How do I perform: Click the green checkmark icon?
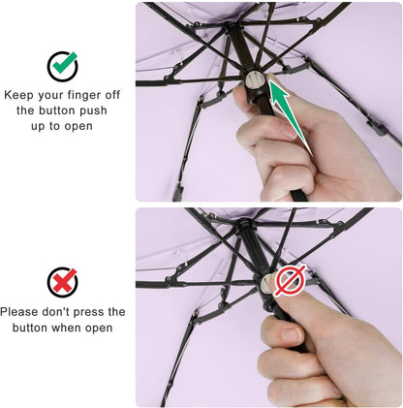coord(63,66)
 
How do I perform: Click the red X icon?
coord(63,283)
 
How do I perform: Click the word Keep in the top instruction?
coord(22,95)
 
